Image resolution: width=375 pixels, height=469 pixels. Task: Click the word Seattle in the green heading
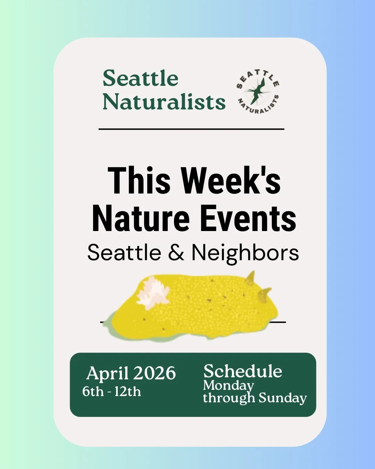click(x=141, y=79)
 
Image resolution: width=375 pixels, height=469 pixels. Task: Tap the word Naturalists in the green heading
click(x=164, y=102)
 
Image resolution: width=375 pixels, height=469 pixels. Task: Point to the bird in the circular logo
click(x=257, y=91)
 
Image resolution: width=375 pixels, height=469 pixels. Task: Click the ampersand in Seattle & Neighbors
click(x=176, y=253)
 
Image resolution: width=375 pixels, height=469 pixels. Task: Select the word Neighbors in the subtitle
click(x=245, y=253)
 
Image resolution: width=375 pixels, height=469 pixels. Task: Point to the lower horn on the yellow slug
click(x=265, y=294)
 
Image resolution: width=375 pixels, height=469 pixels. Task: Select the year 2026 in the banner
click(x=155, y=373)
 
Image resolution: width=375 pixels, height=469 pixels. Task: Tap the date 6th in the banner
click(x=93, y=392)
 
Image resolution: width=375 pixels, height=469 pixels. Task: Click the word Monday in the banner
click(x=228, y=386)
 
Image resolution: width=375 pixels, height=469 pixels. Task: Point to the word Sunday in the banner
click(x=283, y=398)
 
